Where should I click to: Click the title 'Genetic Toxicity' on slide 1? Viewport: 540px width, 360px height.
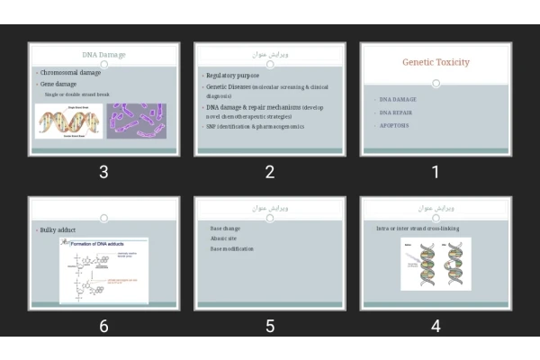coord(436,62)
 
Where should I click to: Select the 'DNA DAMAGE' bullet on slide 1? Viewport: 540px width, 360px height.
coord(398,99)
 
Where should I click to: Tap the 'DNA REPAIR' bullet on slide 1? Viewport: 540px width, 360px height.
coord(397,112)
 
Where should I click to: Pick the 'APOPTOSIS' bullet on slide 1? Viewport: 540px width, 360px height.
coord(394,126)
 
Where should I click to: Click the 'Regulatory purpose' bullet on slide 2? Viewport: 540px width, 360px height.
coord(232,76)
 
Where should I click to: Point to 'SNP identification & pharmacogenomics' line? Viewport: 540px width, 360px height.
coord(256,127)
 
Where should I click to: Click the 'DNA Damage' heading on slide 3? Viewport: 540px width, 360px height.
coord(103,55)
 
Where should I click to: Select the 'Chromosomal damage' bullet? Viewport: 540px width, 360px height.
coord(70,72)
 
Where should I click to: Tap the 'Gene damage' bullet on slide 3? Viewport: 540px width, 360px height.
coord(59,84)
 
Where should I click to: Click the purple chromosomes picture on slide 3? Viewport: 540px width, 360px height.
coord(137,121)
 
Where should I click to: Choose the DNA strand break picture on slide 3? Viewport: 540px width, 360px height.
coord(68,121)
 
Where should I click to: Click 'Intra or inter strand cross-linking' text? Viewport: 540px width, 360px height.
coord(418,229)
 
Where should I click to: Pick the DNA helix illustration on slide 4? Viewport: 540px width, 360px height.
coord(436,264)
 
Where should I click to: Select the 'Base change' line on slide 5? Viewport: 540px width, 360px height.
coord(225,229)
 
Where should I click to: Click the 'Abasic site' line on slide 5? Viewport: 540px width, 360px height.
coord(224,238)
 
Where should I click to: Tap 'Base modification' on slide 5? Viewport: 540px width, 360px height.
coord(232,248)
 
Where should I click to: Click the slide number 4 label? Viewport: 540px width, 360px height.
coord(436,327)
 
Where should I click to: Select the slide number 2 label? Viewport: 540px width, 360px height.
coord(270,172)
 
